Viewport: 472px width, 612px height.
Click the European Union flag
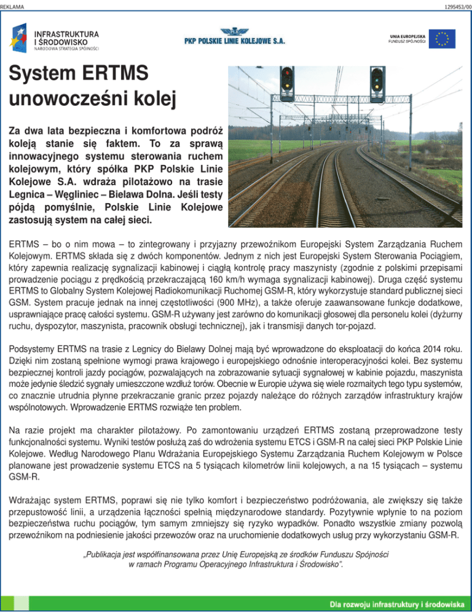(441, 39)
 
